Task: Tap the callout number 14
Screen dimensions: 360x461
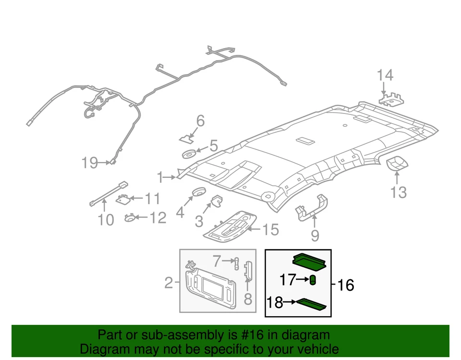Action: [385, 75]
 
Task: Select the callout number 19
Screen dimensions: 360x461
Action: [90, 163]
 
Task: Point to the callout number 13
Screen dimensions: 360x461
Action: [398, 192]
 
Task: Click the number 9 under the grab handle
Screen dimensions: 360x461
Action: [315, 236]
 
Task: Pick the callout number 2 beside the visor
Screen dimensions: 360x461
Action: [169, 283]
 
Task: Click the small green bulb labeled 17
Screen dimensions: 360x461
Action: [313, 280]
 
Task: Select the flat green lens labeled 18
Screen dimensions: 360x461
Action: [312, 303]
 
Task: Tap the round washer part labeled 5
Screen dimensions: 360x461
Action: [189, 154]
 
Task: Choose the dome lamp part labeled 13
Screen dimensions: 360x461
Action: [397, 164]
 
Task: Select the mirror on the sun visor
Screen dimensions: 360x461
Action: [211, 287]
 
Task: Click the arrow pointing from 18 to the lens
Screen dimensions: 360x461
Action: [289, 302]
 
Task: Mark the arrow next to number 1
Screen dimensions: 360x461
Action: [170, 178]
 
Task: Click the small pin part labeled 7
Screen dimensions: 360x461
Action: [237, 262]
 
